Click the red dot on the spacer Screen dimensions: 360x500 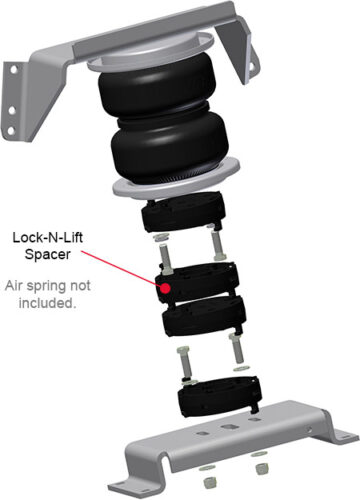[165, 287]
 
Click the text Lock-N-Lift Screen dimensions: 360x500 [48, 237]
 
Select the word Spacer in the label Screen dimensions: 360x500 [48, 254]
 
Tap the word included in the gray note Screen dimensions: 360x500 [46, 303]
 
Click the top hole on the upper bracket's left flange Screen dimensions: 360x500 [14, 70]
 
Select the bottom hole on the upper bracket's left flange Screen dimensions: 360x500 [11, 131]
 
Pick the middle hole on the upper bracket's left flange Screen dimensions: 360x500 [12, 110]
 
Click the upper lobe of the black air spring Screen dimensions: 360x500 [152, 89]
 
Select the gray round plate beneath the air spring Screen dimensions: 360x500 [177, 180]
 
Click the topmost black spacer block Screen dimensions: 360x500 [183, 212]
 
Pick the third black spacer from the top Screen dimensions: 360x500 [204, 316]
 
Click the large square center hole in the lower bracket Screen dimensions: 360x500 [229, 427]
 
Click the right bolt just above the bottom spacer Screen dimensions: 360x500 [236, 349]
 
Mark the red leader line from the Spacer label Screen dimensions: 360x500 [121, 268]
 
